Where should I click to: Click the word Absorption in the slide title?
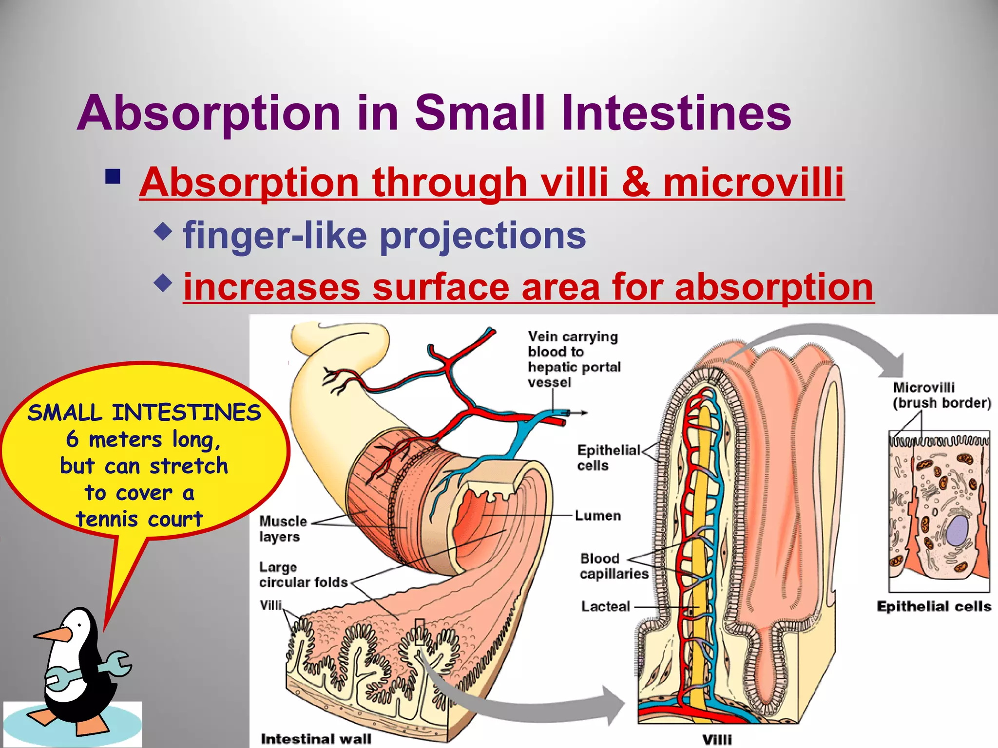click(x=209, y=114)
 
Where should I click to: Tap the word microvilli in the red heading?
click(x=753, y=183)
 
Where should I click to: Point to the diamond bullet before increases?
click(x=163, y=282)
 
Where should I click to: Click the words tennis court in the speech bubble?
click(x=139, y=519)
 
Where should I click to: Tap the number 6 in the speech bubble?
click(x=72, y=439)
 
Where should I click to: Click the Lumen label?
click(x=597, y=516)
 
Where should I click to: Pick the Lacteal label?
click(x=605, y=607)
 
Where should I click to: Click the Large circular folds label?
click(x=303, y=575)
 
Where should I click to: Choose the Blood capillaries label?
click(x=614, y=566)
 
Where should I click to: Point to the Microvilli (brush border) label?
click(x=941, y=395)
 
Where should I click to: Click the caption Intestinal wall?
click(x=316, y=739)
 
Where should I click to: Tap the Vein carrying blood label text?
click(x=574, y=359)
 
